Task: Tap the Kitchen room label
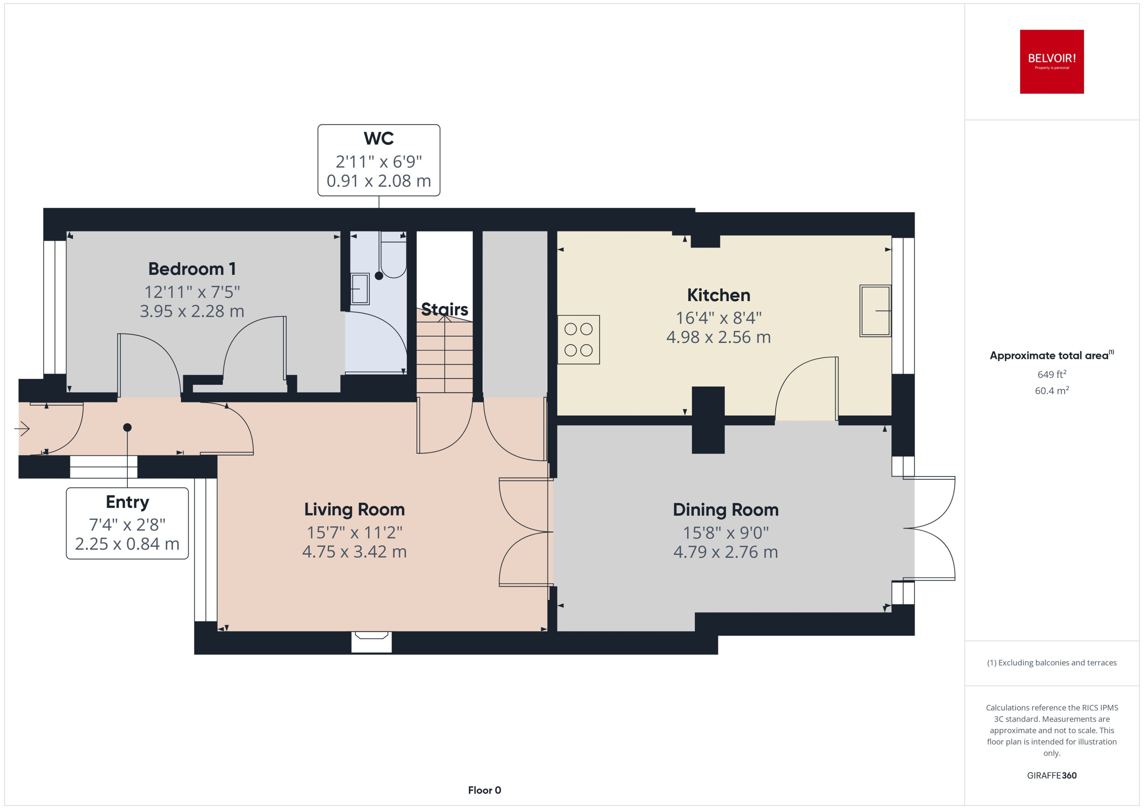coord(718,295)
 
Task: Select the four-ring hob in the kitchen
coord(578,339)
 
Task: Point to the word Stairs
coord(444,309)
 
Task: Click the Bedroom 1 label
coord(192,269)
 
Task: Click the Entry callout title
coord(127,502)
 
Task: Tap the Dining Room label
coord(725,510)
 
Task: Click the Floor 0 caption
coord(484,790)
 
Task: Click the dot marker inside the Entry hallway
coord(127,428)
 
